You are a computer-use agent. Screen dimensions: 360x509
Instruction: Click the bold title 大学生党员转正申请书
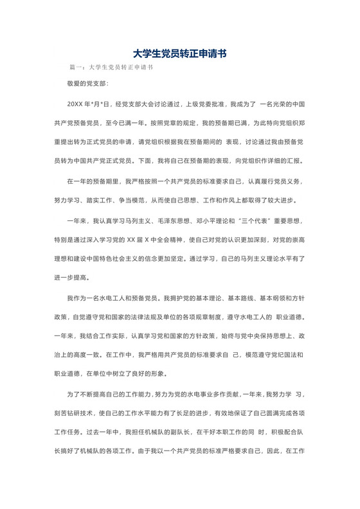(179, 55)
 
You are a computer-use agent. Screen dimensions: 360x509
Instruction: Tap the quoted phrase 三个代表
(258, 220)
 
